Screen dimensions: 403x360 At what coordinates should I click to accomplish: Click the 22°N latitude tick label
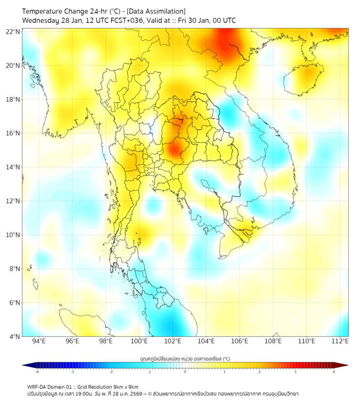[13, 31]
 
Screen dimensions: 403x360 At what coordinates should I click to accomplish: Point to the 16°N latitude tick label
[13, 133]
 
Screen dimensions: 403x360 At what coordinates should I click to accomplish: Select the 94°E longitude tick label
[39, 342]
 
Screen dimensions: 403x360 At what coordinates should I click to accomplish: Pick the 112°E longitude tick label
[340, 342]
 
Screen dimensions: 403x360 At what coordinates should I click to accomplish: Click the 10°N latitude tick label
[13, 235]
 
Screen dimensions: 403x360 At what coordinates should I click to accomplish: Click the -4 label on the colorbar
[36, 372]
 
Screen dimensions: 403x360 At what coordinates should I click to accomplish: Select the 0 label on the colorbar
[185, 372]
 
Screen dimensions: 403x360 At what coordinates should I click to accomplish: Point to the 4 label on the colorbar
[334, 372]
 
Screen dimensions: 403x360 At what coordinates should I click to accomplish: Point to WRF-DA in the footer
[38, 386]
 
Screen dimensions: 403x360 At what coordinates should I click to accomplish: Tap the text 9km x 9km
[126, 386]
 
